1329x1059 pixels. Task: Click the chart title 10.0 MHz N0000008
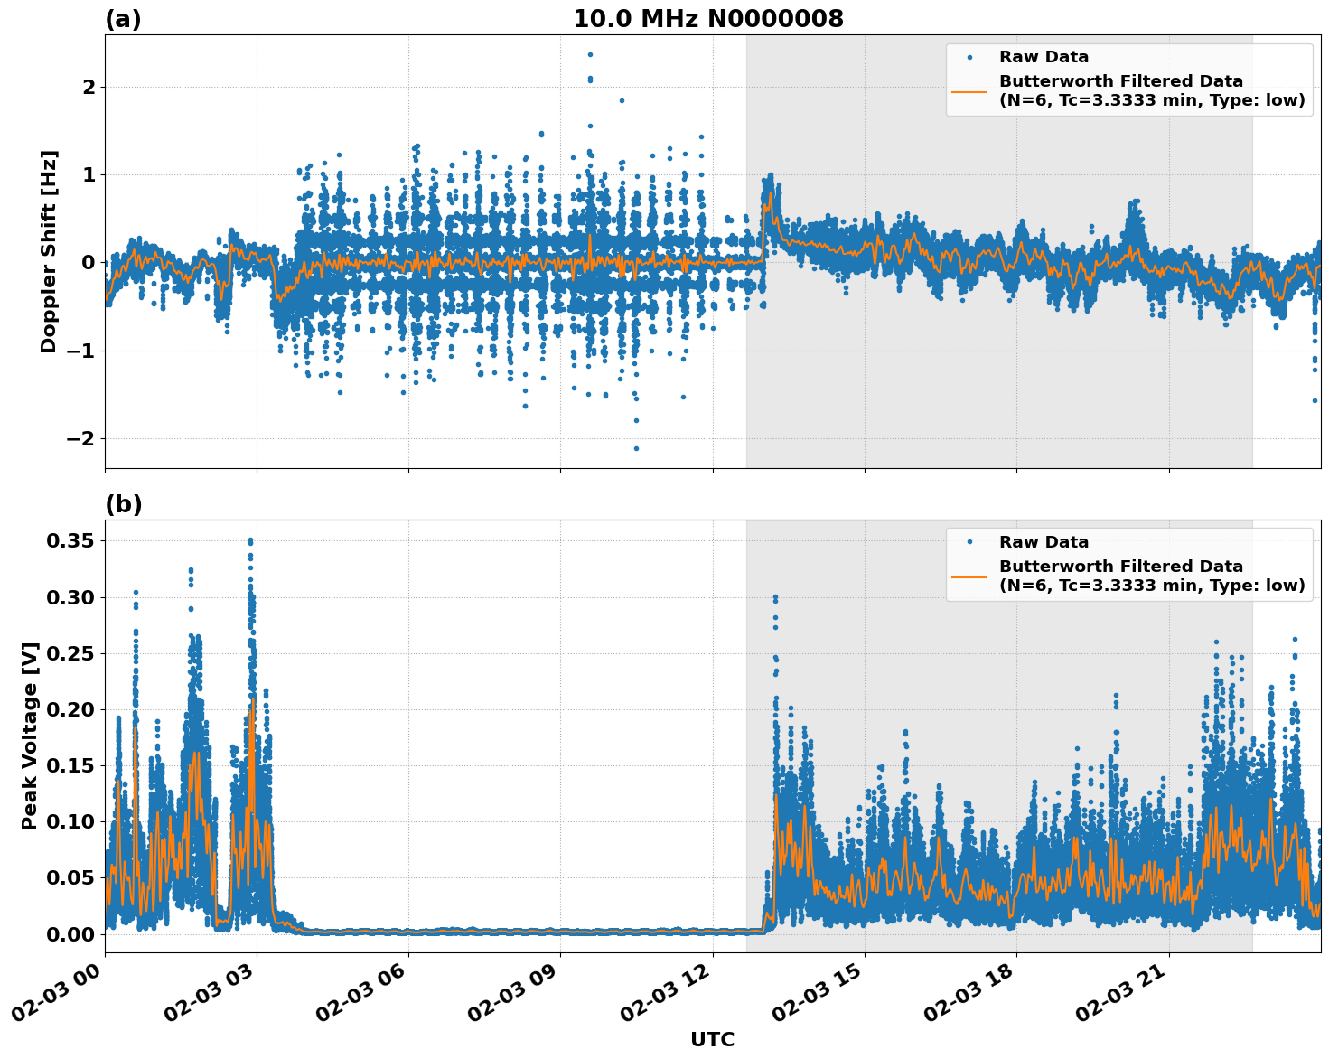pyautogui.click(x=707, y=19)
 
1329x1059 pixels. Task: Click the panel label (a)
pyautogui.click(x=123, y=19)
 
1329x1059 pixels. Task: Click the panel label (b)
pyautogui.click(x=123, y=504)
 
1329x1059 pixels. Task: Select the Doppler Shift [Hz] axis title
pyautogui.click(x=49, y=251)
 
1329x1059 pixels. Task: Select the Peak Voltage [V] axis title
pyautogui.click(x=30, y=736)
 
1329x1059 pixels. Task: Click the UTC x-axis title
pyautogui.click(x=712, y=1039)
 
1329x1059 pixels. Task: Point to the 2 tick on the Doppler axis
pyautogui.click(x=89, y=87)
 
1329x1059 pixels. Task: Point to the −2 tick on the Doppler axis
pyautogui.click(x=82, y=438)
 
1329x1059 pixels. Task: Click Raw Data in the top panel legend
pyautogui.click(x=1044, y=57)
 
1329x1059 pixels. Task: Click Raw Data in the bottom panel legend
pyautogui.click(x=1044, y=542)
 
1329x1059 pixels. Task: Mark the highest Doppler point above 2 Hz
pyautogui.click(x=590, y=54)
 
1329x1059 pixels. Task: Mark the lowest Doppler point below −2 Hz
pyautogui.click(x=636, y=448)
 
